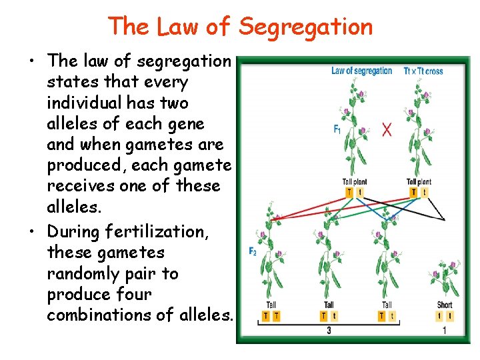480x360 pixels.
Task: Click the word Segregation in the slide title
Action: tap(305, 27)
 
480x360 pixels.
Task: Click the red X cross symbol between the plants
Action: tap(387, 129)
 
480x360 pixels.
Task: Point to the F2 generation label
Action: tap(253, 251)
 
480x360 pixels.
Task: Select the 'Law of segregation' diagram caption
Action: tap(361, 71)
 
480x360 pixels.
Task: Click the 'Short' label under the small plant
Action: tap(445, 305)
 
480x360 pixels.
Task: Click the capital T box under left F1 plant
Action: tap(349, 192)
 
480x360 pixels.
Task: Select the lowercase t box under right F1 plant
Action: tap(425, 192)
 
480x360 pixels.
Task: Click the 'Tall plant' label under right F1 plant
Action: tap(419, 181)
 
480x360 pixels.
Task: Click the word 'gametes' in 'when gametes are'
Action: tap(159, 145)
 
